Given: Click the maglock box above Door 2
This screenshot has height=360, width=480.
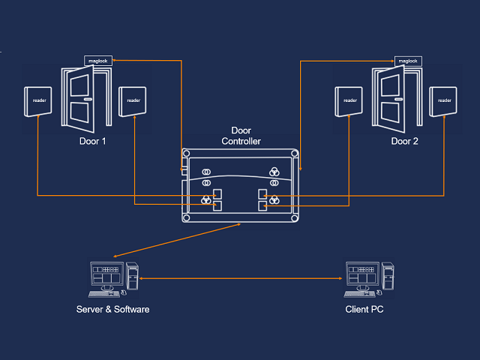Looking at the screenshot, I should coord(406,61).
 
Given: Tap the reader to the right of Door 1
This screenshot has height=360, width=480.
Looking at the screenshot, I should coord(133,100).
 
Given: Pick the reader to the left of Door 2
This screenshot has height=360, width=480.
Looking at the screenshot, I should coord(349,100).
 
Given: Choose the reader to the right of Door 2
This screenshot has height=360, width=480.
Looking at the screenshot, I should coord(444,100).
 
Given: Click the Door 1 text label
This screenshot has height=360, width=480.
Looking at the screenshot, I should coord(92,141).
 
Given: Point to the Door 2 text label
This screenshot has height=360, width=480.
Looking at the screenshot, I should coord(405,141).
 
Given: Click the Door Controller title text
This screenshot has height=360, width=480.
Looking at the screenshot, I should coord(241,136).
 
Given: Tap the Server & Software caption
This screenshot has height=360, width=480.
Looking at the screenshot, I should coord(113,309).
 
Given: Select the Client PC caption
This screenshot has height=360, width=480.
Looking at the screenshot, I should coord(366,309).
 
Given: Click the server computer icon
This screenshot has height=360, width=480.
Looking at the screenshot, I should coord(113,276).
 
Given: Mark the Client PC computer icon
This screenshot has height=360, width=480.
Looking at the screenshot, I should coord(368,276).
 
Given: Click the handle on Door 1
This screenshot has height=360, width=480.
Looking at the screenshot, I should coord(88,99).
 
